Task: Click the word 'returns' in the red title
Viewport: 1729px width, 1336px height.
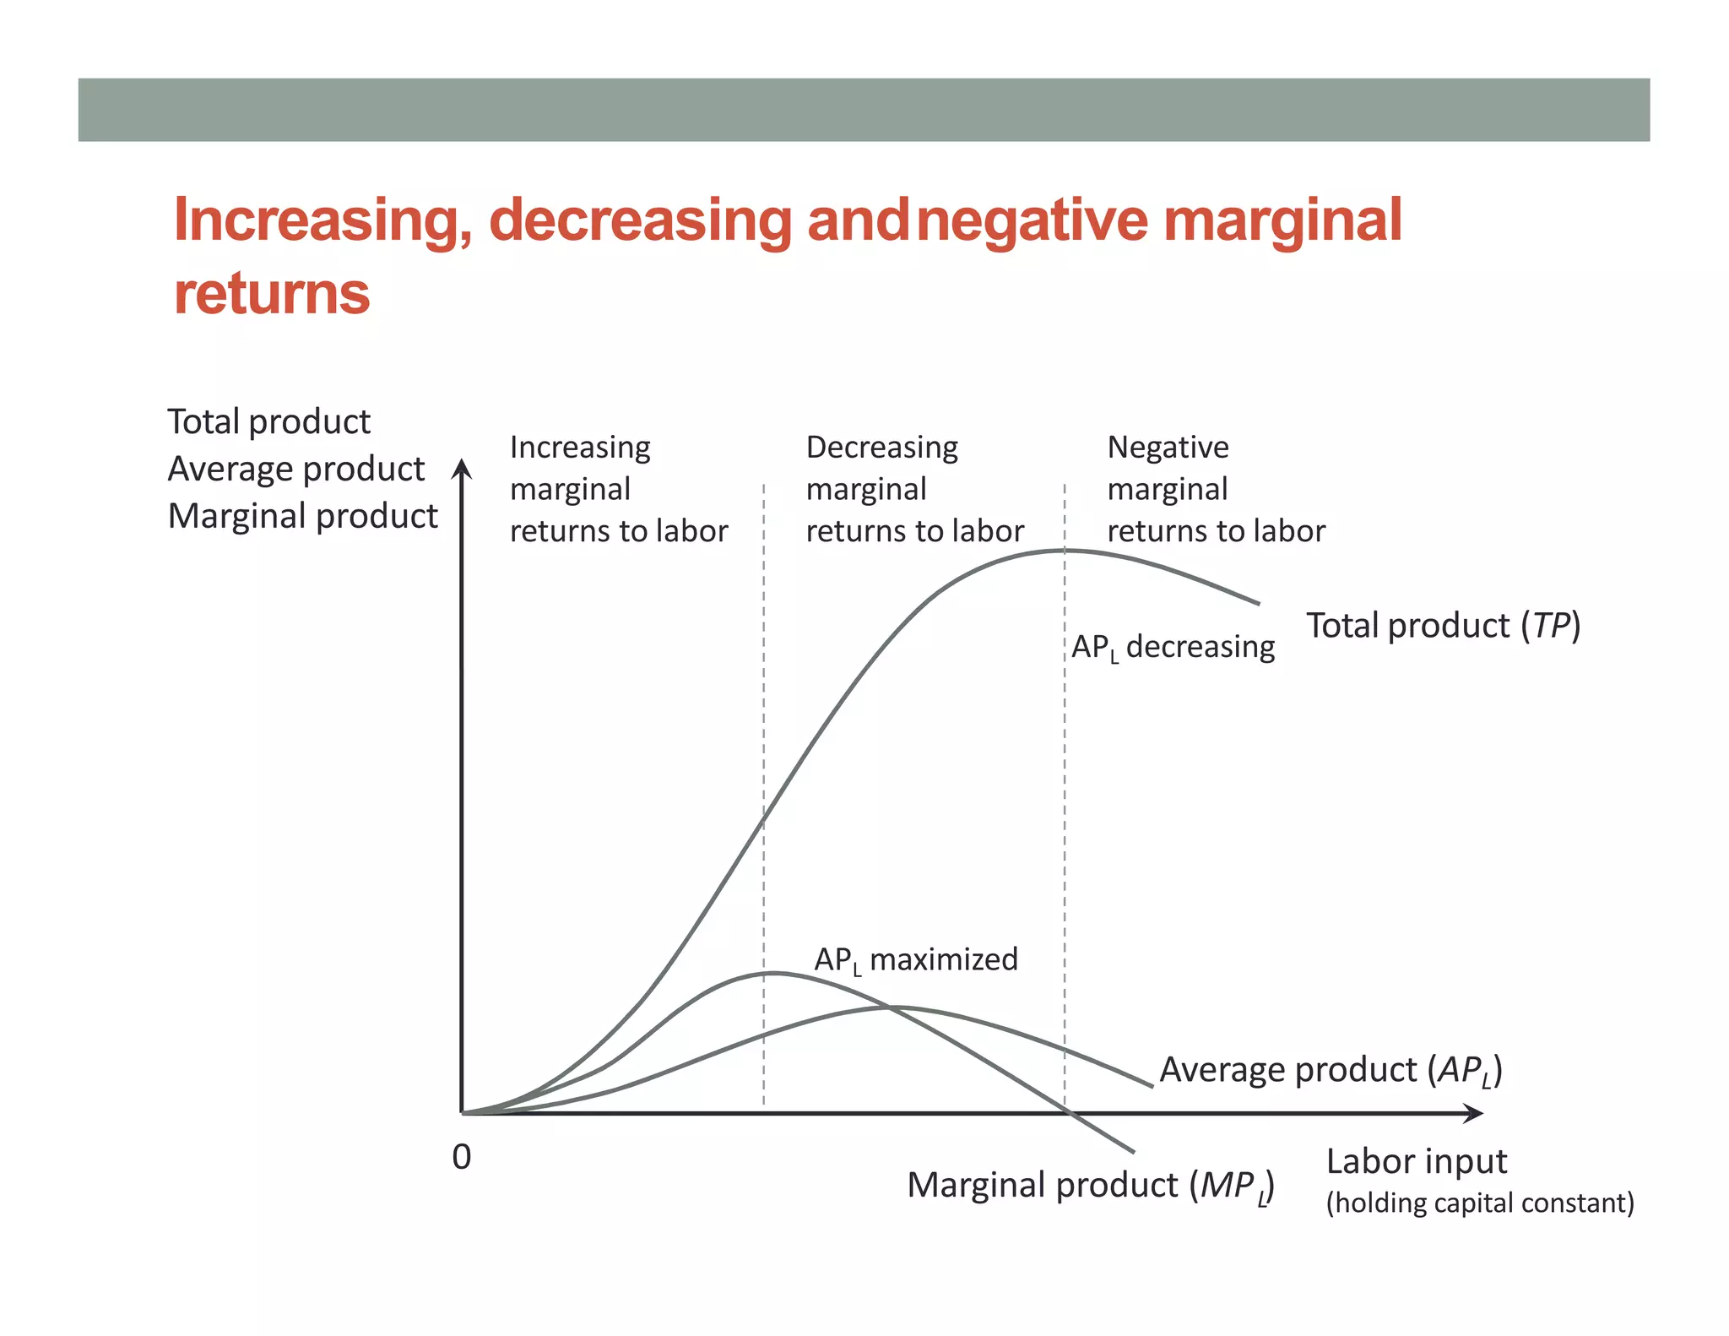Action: tap(272, 294)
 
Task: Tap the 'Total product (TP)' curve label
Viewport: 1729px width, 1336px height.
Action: tap(1443, 626)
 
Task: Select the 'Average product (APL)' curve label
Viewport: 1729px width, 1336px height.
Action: tap(1330, 1070)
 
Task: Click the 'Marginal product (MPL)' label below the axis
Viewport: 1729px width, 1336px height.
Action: tap(1089, 1186)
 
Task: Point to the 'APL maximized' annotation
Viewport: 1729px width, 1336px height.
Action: tap(915, 960)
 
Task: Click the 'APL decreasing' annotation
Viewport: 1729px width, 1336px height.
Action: tap(1172, 647)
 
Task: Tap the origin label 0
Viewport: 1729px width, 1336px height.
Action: tap(461, 1157)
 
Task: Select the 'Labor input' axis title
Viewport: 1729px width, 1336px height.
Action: tap(1416, 1161)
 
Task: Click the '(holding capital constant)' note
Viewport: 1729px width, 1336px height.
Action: tap(1479, 1203)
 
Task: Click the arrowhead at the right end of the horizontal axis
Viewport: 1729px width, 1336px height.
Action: tap(1474, 1113)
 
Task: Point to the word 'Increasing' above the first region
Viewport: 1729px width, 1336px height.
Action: tap(580, 447)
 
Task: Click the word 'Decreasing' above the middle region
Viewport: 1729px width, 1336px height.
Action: tap(881, 447)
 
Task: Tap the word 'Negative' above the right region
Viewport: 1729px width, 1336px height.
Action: tap(1168, 447)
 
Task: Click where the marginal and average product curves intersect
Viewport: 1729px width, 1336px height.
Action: tap(889, 1007)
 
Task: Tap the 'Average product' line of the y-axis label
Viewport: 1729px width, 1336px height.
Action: tap(295, 469)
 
